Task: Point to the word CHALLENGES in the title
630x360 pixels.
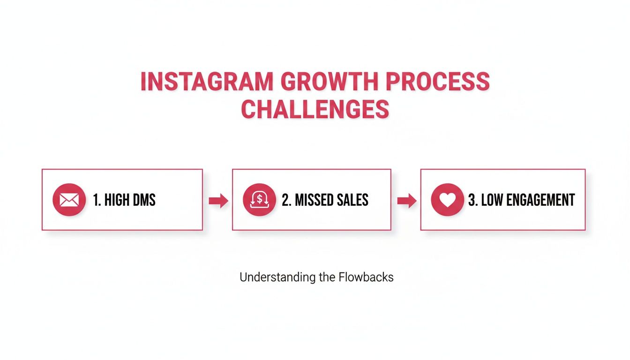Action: (x=315, y=109)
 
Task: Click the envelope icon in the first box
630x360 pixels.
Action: (x=69, y=200)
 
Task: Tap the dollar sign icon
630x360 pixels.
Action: (x=259, y=200)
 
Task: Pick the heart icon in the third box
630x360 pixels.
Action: (x=447, y=200)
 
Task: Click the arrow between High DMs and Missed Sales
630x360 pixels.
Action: (x=218, y=201)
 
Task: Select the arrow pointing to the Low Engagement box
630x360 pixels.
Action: (x=406, y=201)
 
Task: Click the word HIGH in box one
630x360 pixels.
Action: (x=117, y=200)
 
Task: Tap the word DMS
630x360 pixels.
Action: (x=143, y=200)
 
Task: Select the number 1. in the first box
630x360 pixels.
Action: (x=97, y=200)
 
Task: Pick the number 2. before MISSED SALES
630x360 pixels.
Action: (x=286, y=200)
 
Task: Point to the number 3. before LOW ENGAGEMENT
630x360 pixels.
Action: (x=473, y=200)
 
